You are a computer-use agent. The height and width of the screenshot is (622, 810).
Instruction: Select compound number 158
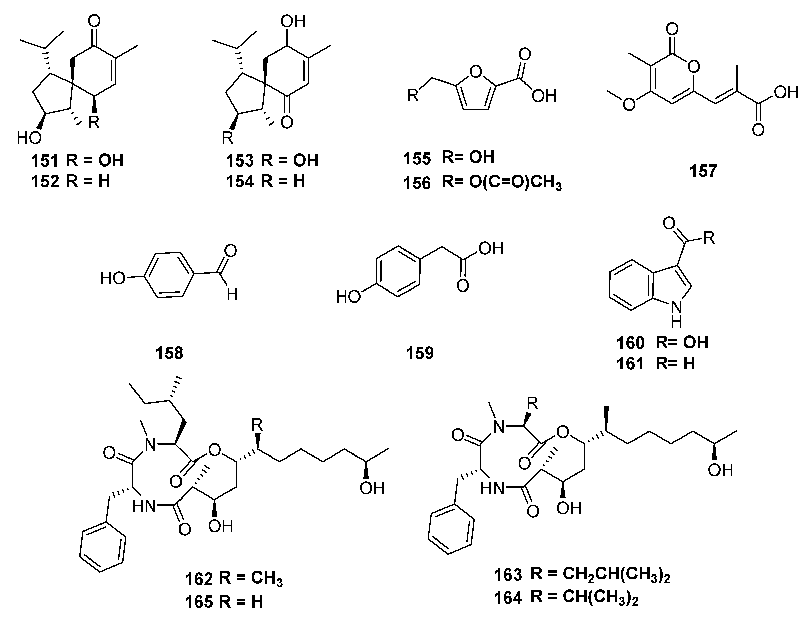click(169, 353)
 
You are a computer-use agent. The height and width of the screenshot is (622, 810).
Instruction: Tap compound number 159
click(420, 353)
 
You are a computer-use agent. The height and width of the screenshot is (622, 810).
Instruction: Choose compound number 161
click(630, 364)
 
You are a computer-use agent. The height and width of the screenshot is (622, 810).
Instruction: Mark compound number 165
click(199, 602)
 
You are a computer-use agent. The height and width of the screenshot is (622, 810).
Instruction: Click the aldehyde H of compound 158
click(232, 295)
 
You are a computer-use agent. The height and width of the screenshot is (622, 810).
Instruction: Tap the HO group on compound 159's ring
click(348, 297)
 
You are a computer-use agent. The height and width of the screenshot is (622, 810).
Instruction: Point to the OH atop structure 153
click(292, 21)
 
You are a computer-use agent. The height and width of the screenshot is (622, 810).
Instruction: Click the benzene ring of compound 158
click(168, 274)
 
